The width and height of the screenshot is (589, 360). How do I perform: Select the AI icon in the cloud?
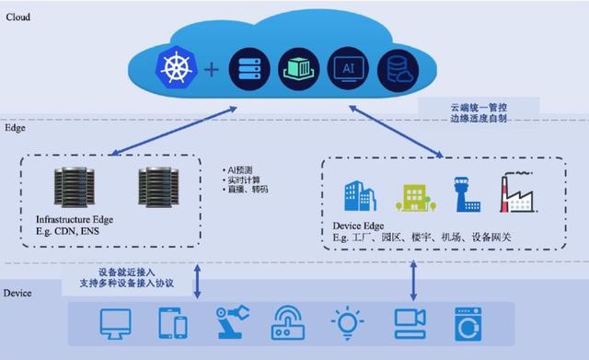click(x=345, y=67)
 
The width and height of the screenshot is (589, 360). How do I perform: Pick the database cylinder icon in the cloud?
click(x=398, y=67)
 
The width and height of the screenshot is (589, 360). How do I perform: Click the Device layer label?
click(x=19, y=293)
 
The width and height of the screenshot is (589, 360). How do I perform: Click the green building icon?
click(x=410, y=195)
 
